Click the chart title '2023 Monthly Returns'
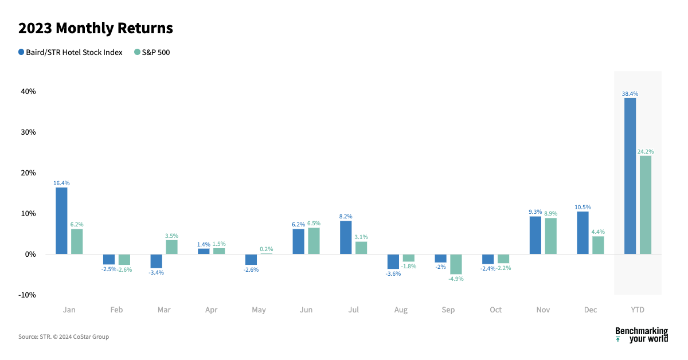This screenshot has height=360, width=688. coord(96,28)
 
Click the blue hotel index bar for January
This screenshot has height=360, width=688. coord(61,221)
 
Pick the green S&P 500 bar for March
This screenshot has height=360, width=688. coord(171,247)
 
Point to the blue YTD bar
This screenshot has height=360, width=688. coord(630,176)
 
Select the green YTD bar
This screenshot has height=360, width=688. coord(645,205)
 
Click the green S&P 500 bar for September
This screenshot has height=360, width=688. coord(456,264)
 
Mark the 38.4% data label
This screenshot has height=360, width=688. coord(630,93)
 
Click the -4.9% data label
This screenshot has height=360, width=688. coord(456,279)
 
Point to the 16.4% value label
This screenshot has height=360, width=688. coord(61,183)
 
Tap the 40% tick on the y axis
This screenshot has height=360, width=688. coord(28,91)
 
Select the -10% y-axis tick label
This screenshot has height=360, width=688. coord(27,295)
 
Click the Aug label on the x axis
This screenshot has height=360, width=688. coord(401,310)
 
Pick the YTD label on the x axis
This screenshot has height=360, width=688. coord(638,310)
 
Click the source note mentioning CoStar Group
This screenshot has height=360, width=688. coord(64,337)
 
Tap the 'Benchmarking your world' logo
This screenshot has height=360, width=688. coord(641,335)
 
